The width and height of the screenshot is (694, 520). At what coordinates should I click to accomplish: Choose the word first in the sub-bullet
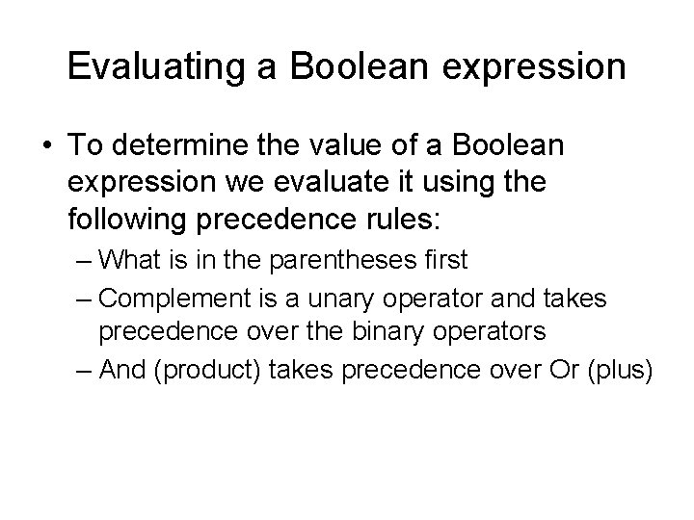(x=445, y=259)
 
